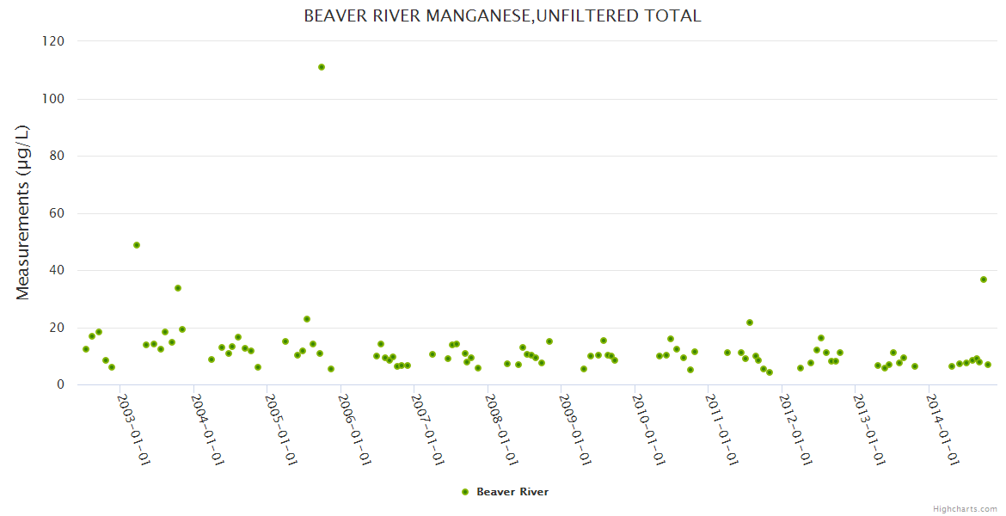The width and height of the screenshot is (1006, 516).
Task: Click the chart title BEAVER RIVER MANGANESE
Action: tap(502, 15)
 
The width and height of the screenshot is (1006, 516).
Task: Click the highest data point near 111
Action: tap(322, 67)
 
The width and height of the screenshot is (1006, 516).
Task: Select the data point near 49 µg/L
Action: tap(137, 245)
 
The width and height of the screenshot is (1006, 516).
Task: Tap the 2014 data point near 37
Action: tap(984, 279)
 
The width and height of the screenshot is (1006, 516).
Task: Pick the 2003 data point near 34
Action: tap(178, 288)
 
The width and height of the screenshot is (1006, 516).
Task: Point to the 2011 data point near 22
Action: tap(750, 322)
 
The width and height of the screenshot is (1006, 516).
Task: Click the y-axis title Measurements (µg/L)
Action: tap(23, 212)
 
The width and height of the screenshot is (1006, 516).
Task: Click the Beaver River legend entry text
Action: tap(512, 492)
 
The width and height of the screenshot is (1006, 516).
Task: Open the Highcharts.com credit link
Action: tap(965, 508)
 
